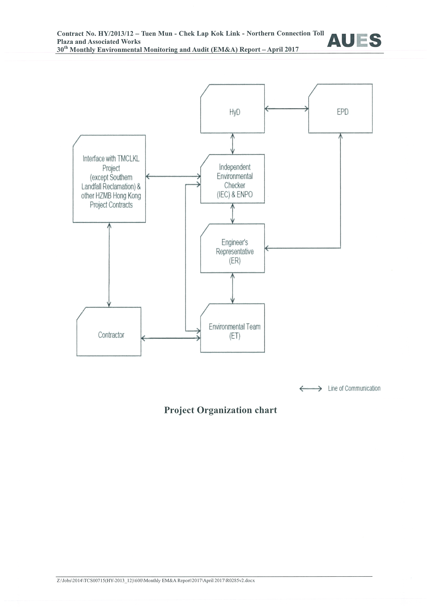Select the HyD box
coord(232,109)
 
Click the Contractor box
coord(109,332)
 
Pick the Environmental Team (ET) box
coord(232,328)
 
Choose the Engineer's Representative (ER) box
coord(232,248)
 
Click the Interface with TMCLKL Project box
coord(109,179)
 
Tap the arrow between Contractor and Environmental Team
coord(171,339)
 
